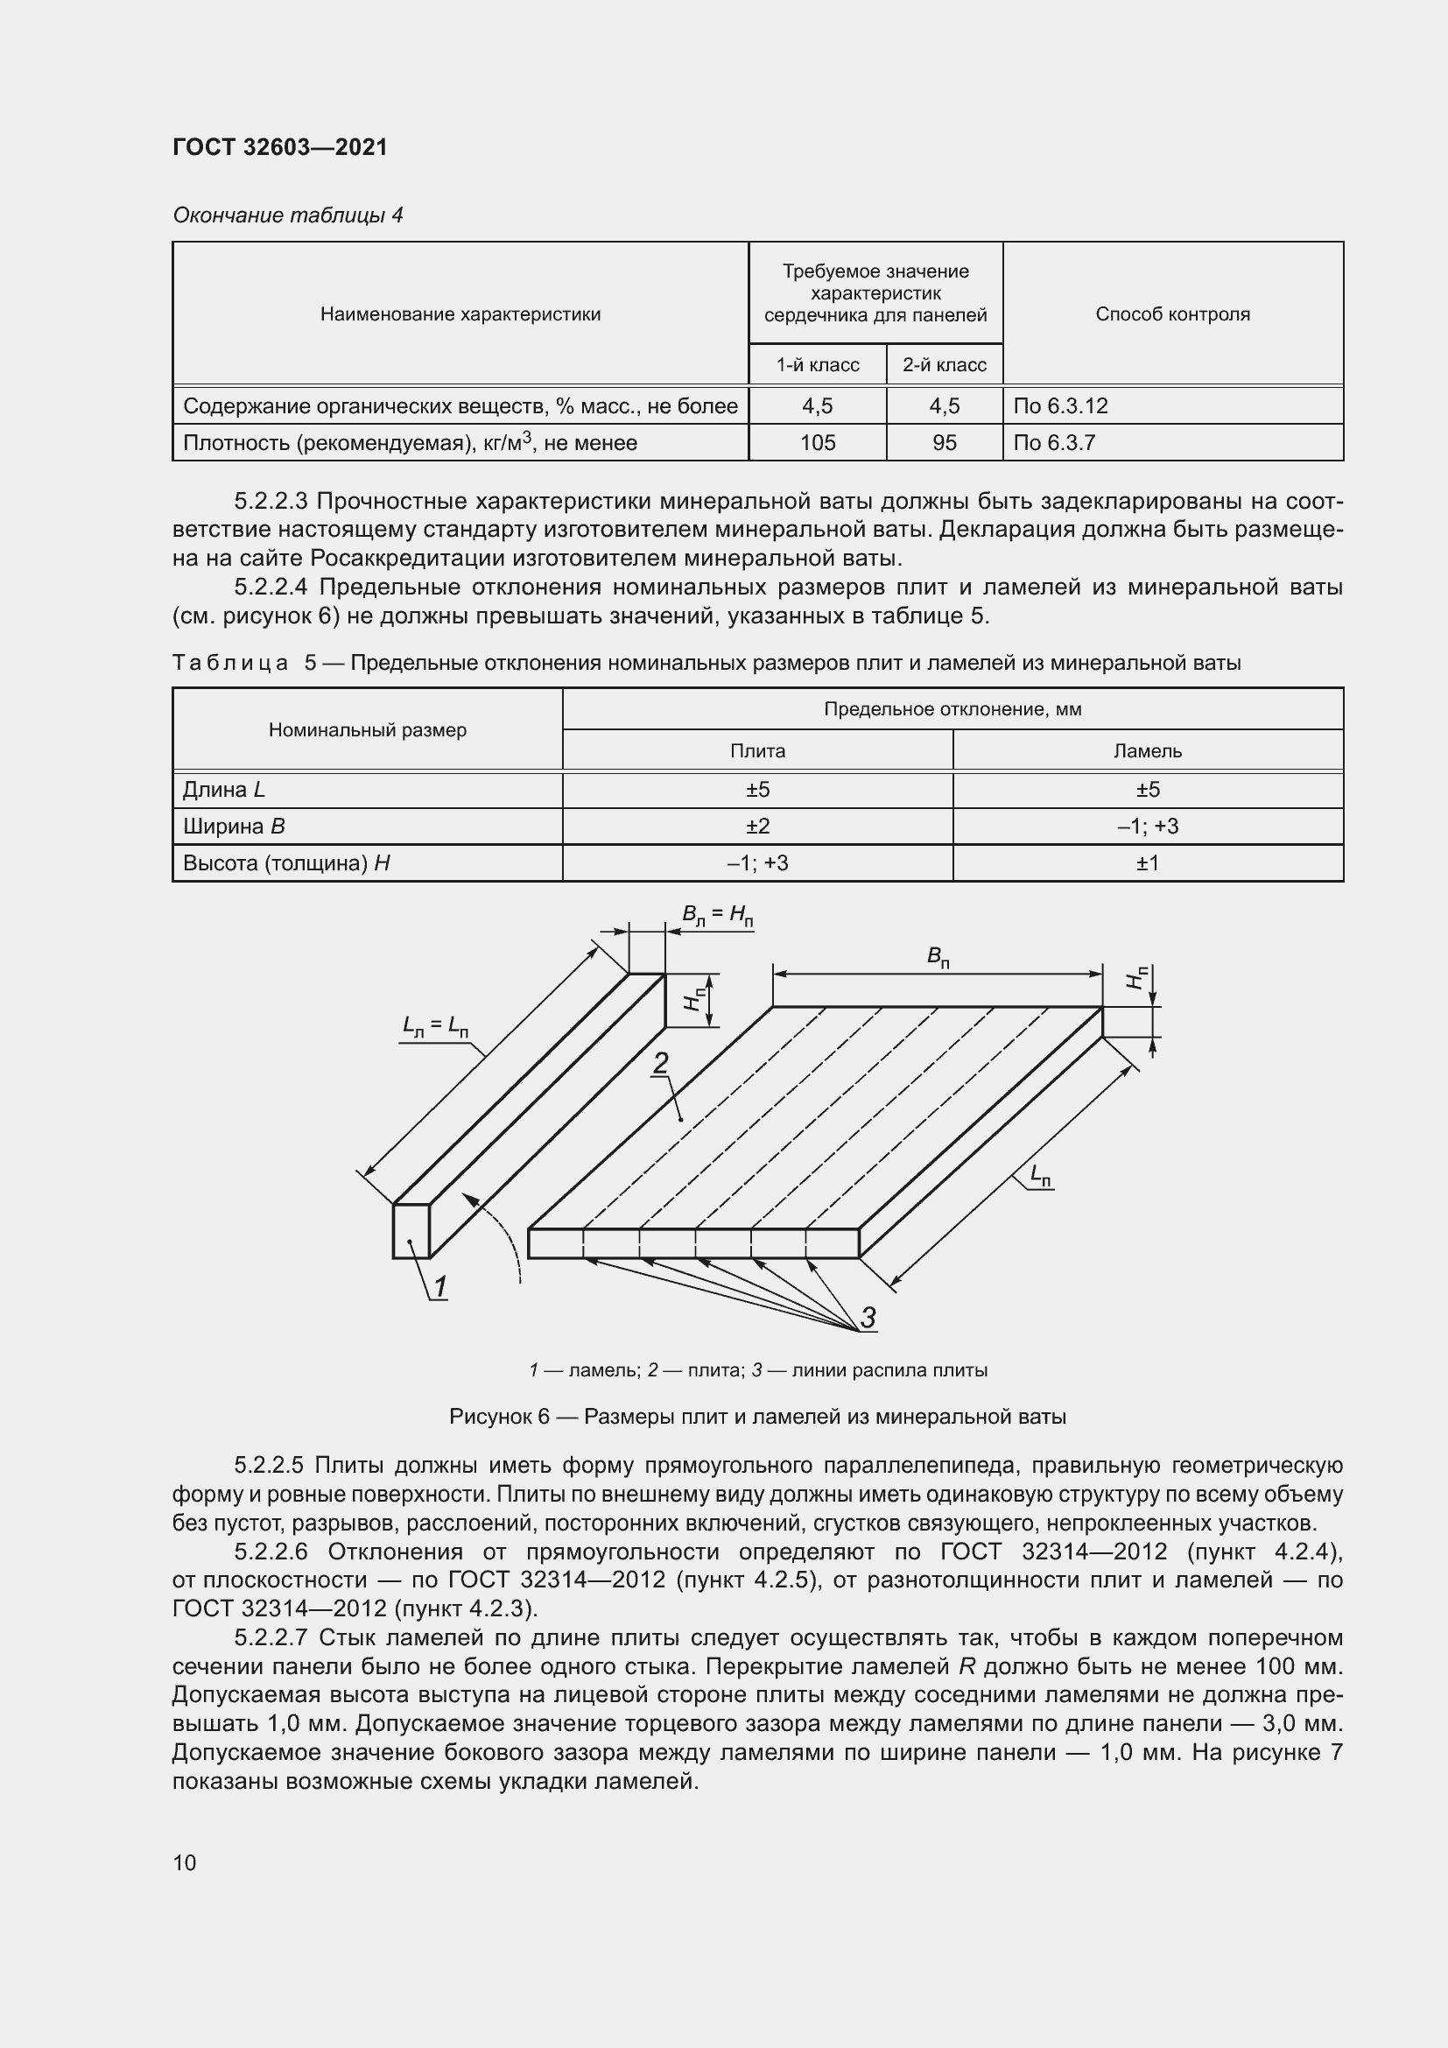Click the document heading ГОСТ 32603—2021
pos(280,147)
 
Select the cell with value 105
pos(817,442)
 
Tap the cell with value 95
pos(944,442)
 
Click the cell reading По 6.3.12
pos(1060,406)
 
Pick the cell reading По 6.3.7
pos(1054,442)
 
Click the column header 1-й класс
pos(817,365)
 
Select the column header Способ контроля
pos(1171,314)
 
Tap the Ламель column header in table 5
pos(1147,751)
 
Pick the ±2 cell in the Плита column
pos(757,826)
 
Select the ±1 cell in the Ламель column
pos(1147,862)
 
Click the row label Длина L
pos(224,790)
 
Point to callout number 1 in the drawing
pos(439,1287)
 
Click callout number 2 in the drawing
pos(661,1063)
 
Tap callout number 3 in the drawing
pos(867,1318)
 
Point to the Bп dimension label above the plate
pos(937,956)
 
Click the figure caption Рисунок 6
pos(757,1417)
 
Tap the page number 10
pos(185,1862)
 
